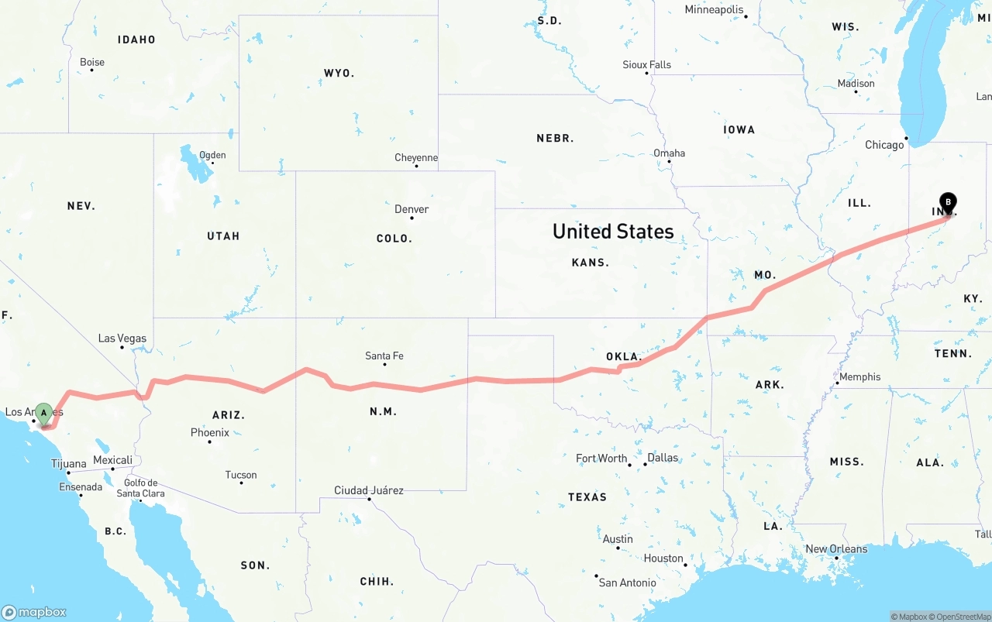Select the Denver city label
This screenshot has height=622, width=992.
tap(411, 209)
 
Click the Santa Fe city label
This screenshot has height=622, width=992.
tap(384, 356)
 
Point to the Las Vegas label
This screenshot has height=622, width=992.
tap(122, 338)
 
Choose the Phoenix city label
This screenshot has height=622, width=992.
tap(210, 433)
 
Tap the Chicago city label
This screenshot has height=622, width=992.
tap(884, 145)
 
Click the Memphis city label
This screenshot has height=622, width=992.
tap(859, 377)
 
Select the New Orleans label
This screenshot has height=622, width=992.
tap(836, 549)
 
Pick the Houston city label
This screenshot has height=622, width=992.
tap(663, 558)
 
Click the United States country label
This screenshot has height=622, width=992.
tap(613, 231)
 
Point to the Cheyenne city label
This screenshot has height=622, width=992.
tap(416, 158)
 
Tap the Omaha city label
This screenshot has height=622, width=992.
tap(669, 153)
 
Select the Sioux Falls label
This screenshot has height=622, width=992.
tap(647, 65)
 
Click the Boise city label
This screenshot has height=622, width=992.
tap(92, 63)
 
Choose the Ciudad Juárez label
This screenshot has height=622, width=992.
tap(369, 490)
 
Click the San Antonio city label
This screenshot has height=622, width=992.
tap(627, 582)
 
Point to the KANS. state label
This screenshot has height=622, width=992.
tap(590, 263)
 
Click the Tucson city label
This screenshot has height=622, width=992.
tap(241, 475)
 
